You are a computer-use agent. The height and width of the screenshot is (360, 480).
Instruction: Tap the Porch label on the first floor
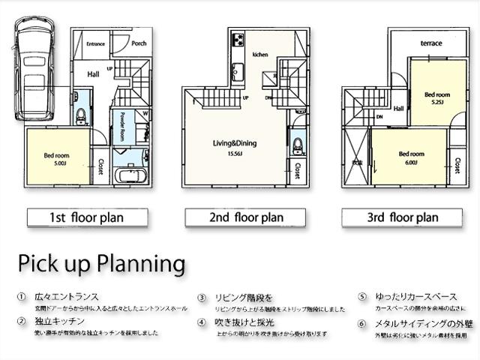point(139,43)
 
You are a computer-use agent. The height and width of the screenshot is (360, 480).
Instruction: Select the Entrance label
point(95,44)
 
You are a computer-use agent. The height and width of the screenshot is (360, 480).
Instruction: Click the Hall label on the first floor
point(93,73)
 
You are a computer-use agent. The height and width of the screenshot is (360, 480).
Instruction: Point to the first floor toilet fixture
point(81,115)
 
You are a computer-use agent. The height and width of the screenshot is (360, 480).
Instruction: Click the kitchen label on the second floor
point(260,55)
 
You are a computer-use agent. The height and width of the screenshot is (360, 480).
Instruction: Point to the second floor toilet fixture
point(297,142)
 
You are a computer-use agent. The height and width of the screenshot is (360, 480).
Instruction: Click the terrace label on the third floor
point(431,43)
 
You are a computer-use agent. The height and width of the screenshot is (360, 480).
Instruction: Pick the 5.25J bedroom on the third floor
point(437,97)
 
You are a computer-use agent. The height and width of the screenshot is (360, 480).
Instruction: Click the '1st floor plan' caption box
point(86,218)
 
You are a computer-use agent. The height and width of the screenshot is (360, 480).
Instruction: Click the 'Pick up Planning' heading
point(101,264)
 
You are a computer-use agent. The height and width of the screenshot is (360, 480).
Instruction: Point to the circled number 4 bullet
point(202,322)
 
